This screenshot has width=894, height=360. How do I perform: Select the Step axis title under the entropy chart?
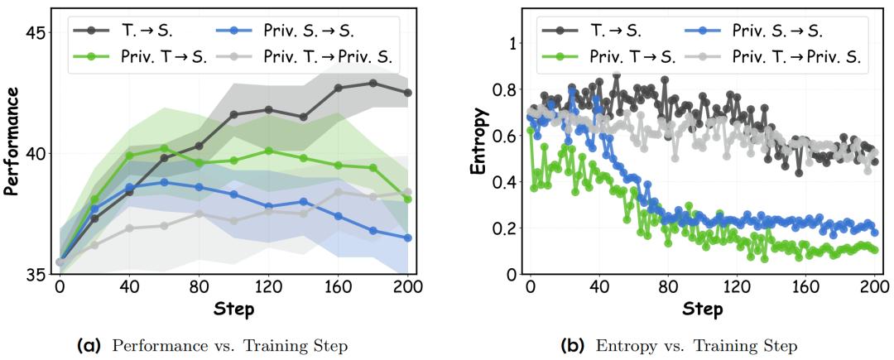pos(703,310)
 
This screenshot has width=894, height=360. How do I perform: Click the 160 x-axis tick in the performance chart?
pos(338,287)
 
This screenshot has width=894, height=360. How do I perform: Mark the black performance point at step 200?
pos(407,93)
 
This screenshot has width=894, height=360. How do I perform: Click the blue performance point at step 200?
pos(407,238)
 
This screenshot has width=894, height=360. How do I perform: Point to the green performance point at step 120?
pos(268,151)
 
